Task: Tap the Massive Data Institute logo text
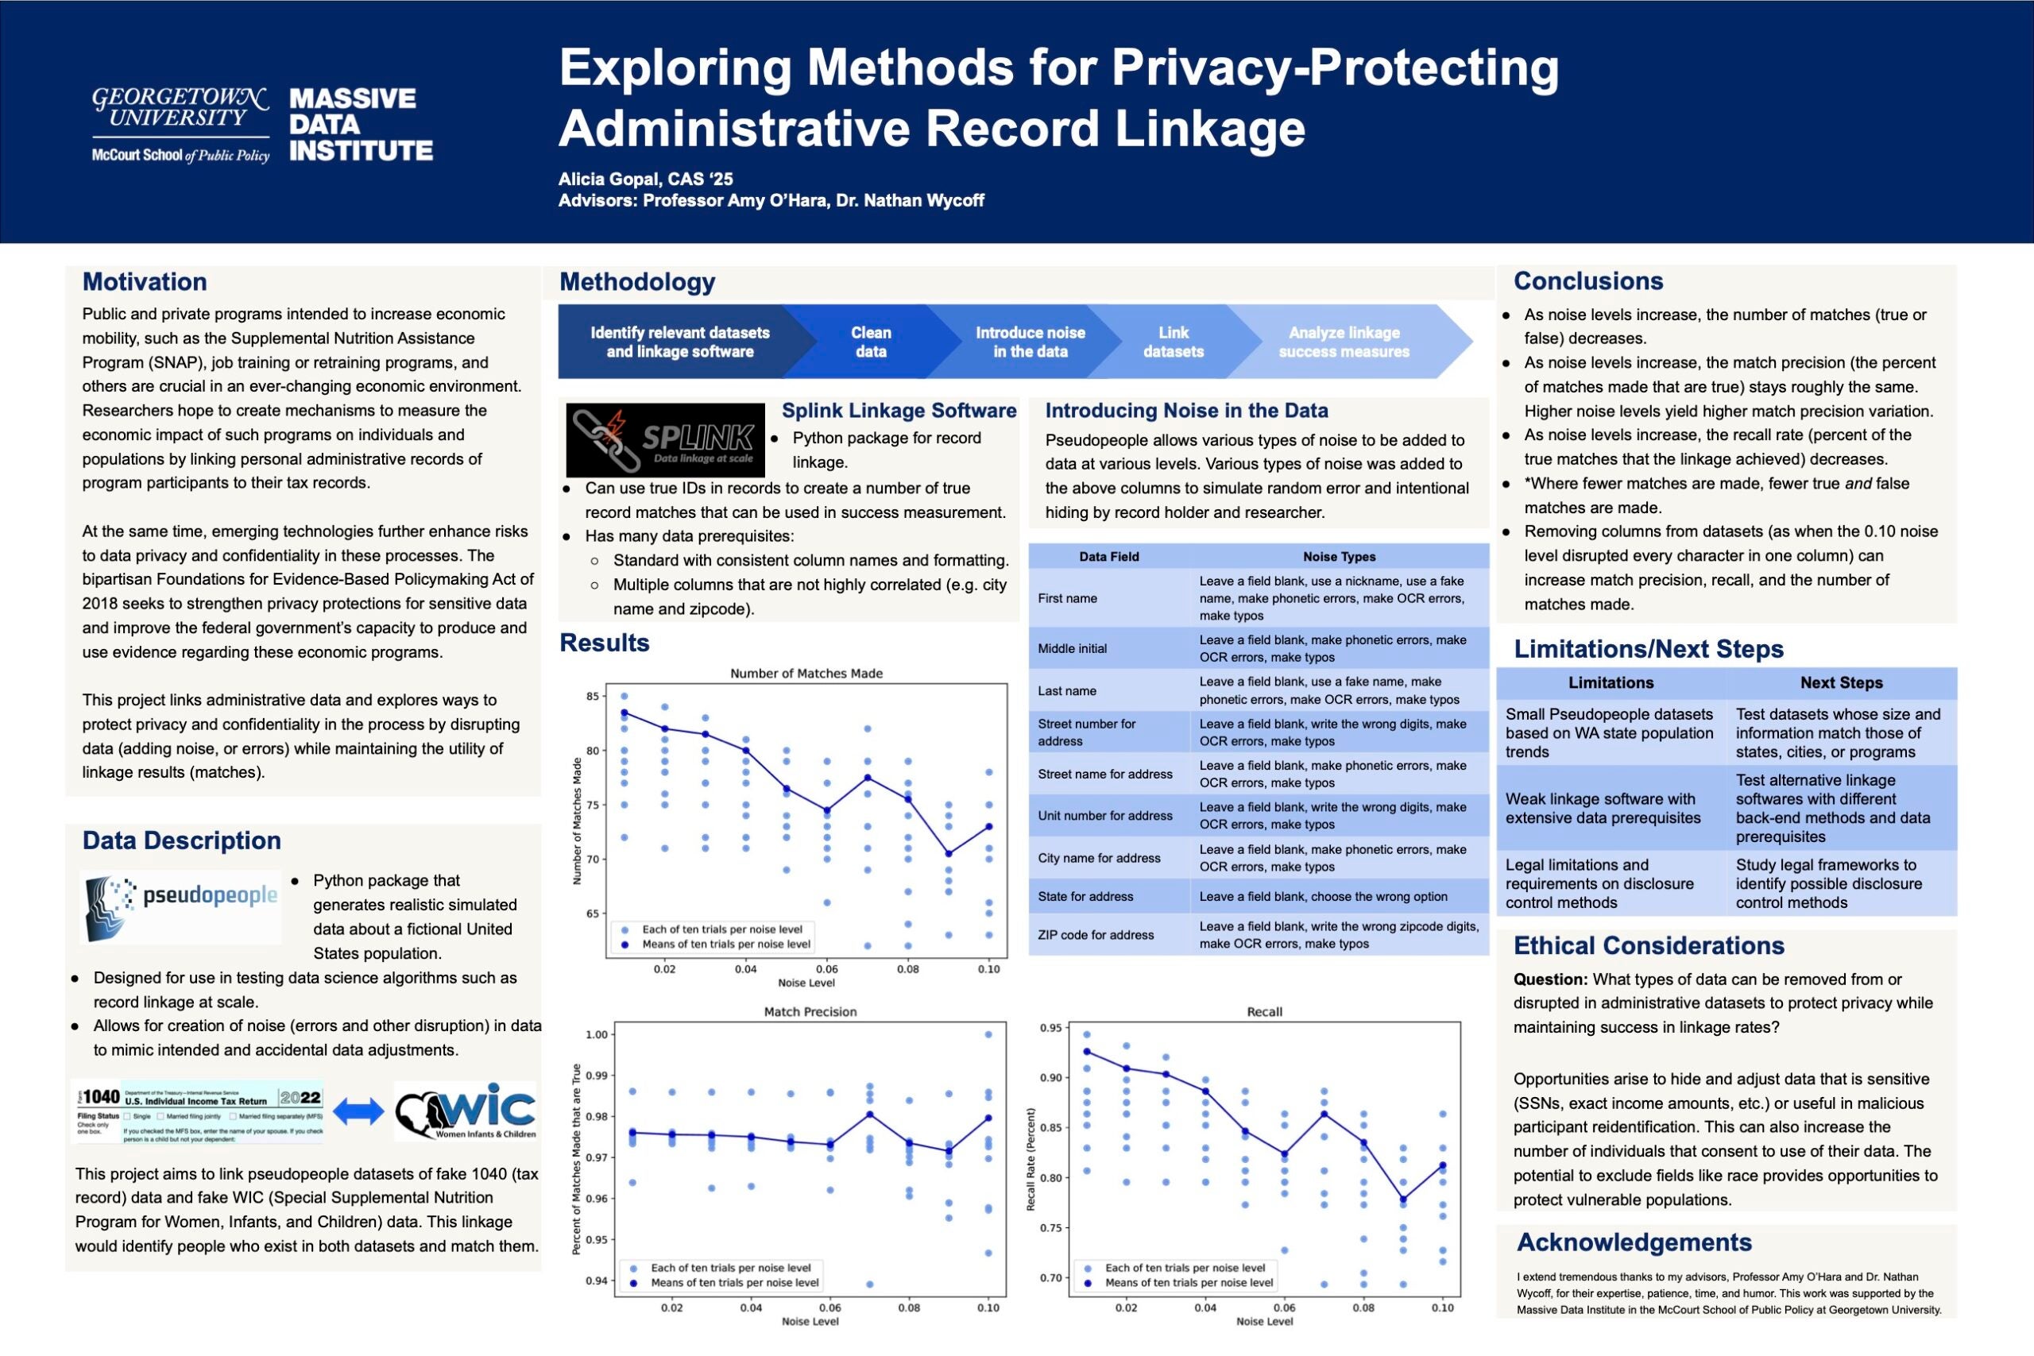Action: click(x=361, y=125)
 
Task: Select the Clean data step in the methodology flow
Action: click(x=870, y=342)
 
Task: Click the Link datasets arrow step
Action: click(x=1173, y=342)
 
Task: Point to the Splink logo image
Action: click(x=665, y=439)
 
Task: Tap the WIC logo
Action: click(x=466, y=1111)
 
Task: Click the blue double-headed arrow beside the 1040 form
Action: click(x=358, y=1111)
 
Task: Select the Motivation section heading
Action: click(x=145, y=282)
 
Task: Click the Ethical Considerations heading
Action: click(x=1649, y=945)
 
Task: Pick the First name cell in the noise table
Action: click(x=1067, y=598)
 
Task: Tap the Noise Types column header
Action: click(x=1339, y=557)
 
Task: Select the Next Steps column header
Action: click(x=1841, y=682)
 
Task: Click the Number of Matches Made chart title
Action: click(x=806, y=674)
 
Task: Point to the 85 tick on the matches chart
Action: click(x=593, y=696)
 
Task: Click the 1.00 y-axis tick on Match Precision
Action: click(x=597, y=1034)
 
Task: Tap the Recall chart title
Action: click(x=1264, y=1012)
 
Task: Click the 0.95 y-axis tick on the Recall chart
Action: click(x=1050, y=1028)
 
